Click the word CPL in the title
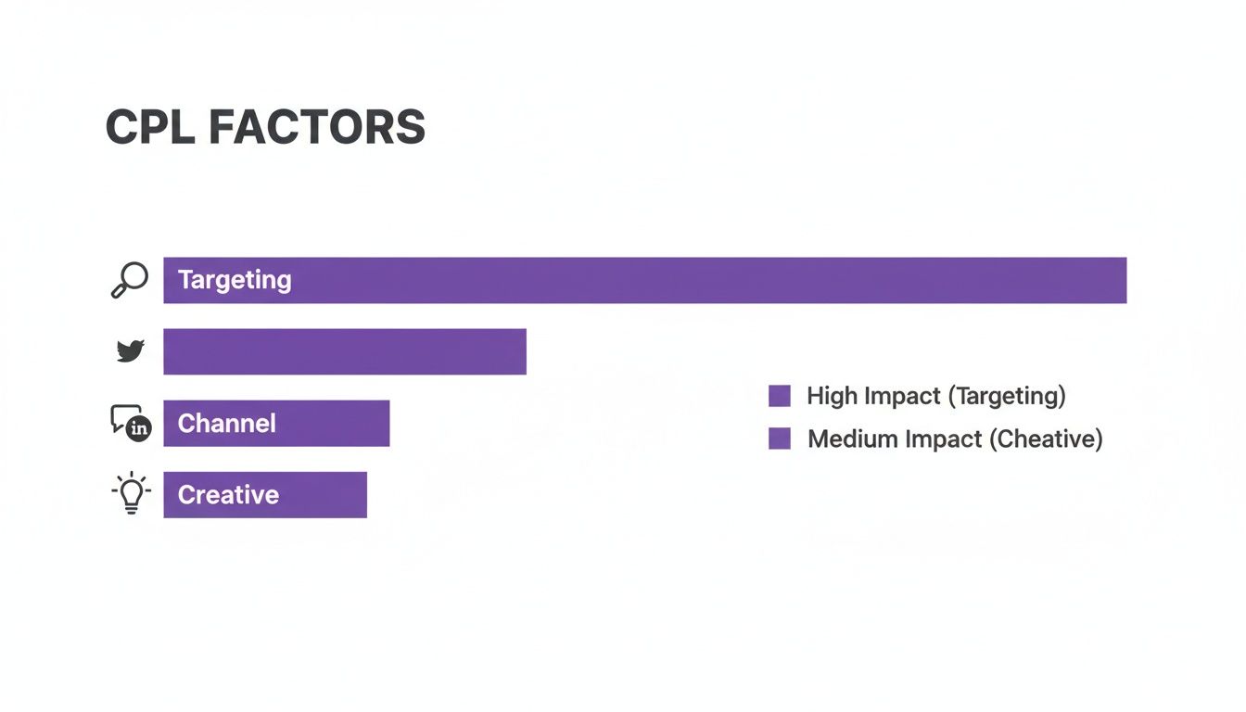150,127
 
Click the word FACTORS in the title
317,127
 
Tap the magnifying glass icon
129,280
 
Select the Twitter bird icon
130,351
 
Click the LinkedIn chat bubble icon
128,422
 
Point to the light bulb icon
131,493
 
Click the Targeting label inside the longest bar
235,280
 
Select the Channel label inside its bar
227,424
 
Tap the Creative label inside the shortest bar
228,495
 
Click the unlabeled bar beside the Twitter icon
345,351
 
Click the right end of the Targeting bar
1117,280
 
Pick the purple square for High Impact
780,396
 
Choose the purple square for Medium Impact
780,439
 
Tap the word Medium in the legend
847,439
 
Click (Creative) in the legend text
1046,439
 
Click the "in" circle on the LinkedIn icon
139,428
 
